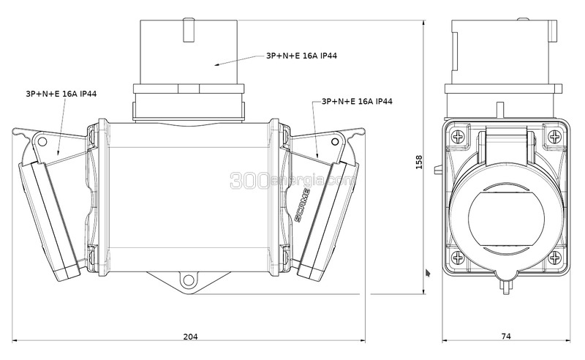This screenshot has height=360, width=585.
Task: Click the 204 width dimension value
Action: tap(190, 337)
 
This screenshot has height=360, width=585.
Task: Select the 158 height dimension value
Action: tap(419, 162)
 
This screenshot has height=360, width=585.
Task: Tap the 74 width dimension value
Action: tap(505, 336)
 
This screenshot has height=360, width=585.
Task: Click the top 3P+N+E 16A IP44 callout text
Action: tap(301, 56)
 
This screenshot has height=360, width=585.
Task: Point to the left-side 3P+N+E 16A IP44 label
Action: tap(61, 94)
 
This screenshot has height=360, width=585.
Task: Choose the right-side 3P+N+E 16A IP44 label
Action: tap(357, 101)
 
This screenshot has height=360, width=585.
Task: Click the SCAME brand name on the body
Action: tap(302, 206)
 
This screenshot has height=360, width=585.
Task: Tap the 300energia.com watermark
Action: tap(292, 180)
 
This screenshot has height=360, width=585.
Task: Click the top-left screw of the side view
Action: tap(458, 137)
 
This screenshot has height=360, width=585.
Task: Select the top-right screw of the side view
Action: tap(555, 137)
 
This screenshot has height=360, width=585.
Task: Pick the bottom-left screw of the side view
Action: tap(458, 258)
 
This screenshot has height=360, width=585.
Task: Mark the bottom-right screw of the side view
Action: tap(555, 258)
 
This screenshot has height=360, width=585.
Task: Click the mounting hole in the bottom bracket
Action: tap(188, 280)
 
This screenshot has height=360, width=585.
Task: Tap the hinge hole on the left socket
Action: tap(42, 141)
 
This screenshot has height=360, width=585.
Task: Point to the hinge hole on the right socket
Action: tap(335, 141)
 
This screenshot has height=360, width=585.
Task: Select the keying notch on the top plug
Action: tap(188, 30)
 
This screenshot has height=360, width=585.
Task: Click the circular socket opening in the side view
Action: tap(506, 222)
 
